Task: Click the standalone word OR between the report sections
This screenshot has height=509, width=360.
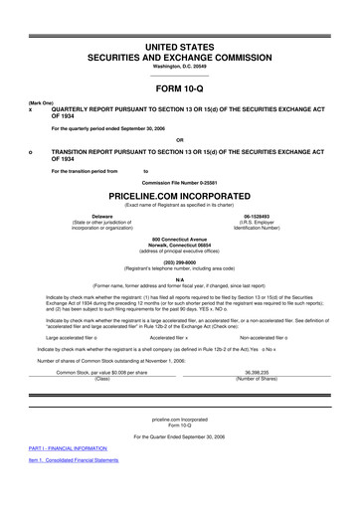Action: [180, 138]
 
